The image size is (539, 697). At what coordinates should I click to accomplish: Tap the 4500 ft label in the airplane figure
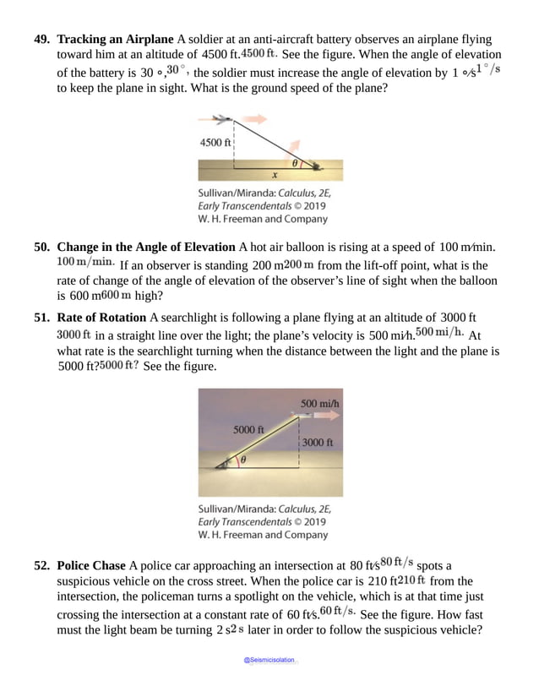[215, 142]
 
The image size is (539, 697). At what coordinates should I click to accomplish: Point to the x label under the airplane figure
[275, 176]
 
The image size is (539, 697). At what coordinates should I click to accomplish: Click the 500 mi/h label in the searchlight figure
[321, 402]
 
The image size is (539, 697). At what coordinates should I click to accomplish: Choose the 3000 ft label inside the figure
[318, 442]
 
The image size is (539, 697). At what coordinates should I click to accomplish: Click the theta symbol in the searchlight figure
[242, 460]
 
